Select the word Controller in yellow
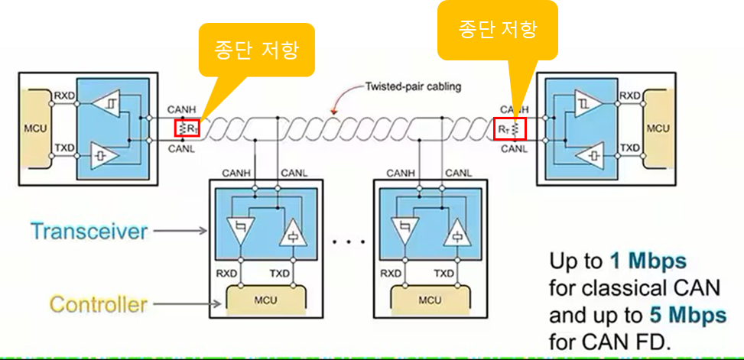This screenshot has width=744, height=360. point(99,304)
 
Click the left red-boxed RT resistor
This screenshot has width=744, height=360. point(187,128)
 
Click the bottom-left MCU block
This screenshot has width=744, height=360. point(267,299)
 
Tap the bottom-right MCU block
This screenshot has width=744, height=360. point(429,299)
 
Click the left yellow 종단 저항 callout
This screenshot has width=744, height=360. point(256,51)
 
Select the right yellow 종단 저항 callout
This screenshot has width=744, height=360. point(498,29)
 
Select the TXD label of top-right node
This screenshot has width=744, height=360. point(629,148)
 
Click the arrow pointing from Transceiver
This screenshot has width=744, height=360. point(181,230)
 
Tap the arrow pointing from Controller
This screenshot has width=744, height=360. point(186,304)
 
